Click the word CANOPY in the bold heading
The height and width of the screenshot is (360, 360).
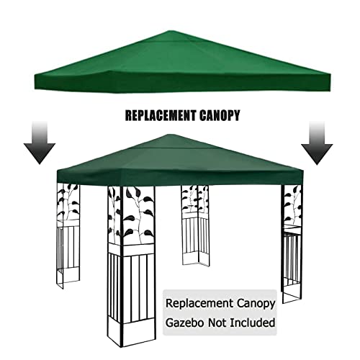219,115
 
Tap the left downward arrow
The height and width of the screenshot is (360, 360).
40,143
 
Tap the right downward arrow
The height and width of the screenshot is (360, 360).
317,143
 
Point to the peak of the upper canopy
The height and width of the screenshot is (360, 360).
169,31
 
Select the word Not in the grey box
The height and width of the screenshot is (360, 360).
217,323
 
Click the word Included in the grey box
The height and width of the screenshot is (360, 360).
253,323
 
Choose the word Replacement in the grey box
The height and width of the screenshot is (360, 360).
199,304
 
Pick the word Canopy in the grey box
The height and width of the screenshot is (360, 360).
256,305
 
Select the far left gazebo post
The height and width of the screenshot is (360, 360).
68,236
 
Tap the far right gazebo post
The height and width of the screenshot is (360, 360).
292,243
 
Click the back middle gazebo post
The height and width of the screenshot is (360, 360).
196,225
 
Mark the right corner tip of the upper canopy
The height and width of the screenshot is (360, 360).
330,75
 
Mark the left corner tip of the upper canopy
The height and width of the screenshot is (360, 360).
35,76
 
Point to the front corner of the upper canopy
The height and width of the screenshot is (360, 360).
109,71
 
